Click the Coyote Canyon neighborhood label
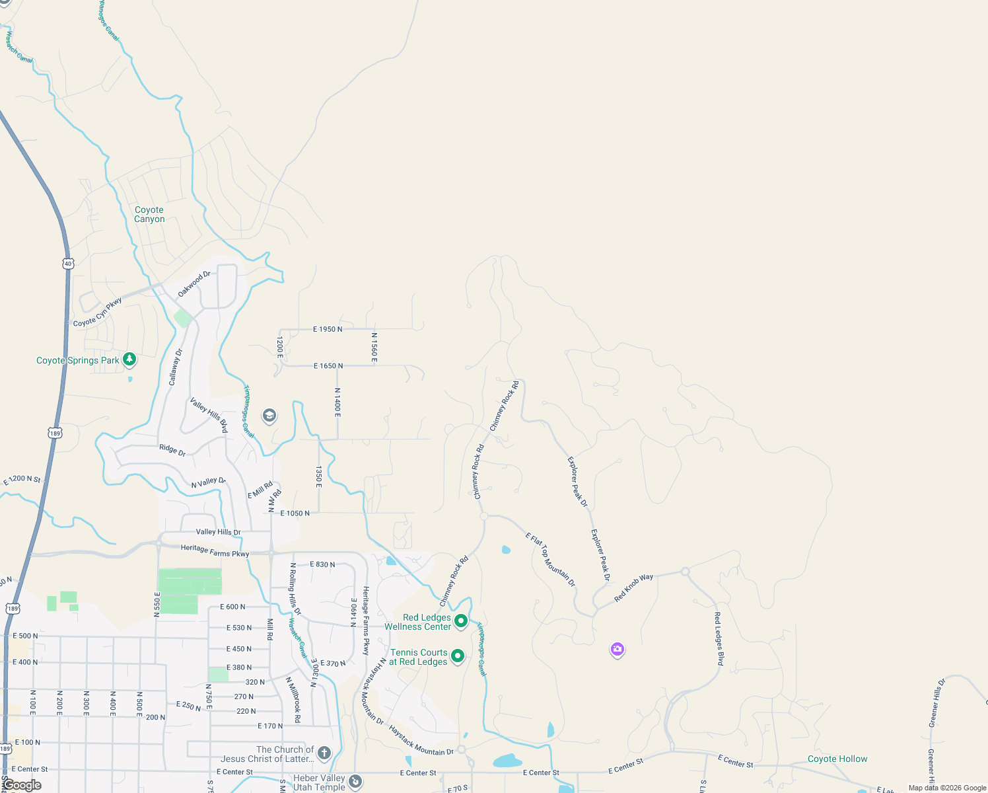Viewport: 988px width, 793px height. tap(149, 214)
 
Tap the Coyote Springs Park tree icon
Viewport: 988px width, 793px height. tap(129, 359)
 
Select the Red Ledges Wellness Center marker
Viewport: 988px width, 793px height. tap(461, 621)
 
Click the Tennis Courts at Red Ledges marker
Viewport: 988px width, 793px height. tap(457, 656)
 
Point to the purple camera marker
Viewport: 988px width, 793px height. tap(617, 650)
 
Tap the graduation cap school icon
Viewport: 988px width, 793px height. tap(269, 416)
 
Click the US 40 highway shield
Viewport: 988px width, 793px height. tap(68, 264)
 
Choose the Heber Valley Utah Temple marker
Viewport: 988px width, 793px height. tap(355, 782)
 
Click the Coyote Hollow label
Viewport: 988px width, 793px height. tap(837, 759)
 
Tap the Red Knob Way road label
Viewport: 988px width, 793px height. tap(633, 587)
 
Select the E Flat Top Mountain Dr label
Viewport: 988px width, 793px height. tap(551, 559)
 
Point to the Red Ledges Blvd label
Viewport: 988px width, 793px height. tap(719, 638)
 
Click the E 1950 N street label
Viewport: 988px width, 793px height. tap(328, 329)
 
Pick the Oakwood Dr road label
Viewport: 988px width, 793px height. tap(194, 284)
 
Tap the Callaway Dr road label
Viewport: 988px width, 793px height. tap(175, 367)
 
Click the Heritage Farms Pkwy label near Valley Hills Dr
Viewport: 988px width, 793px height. tap(215, 550)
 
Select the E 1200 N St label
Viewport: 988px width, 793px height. tap(22, 480)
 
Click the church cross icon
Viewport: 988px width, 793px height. tap(324, 753)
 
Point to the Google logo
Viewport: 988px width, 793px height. tap(22, 785)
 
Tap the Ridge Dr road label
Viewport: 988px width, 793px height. tap(172, 449)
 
